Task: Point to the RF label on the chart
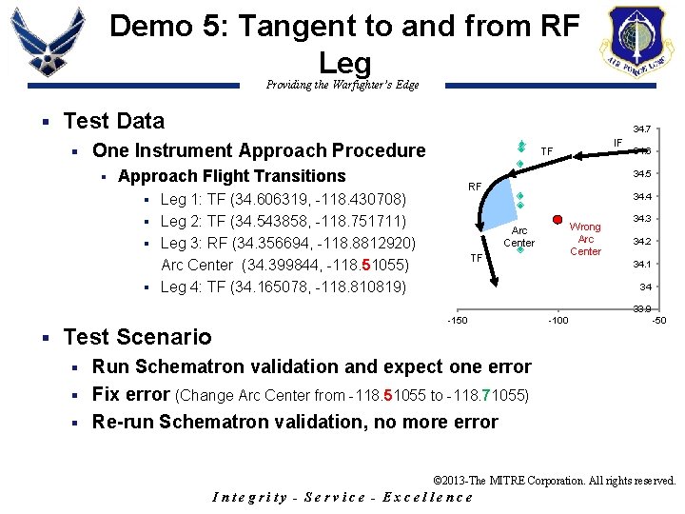coord(475,187)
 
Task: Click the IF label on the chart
coord(617,144)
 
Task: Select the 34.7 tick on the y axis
coord(644,129)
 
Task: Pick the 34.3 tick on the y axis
coord(644,219)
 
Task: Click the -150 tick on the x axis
coord(457,320)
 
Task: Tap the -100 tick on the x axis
coord(558,320)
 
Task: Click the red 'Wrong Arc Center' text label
coord(585,239)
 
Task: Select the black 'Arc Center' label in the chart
coord(519,237)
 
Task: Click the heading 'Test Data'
coord(113,121)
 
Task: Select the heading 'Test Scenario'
coord(137,336)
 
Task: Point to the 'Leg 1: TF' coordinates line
coord(284,199)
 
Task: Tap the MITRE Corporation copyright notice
coord(554,482)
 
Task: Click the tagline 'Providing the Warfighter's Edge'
coord(342,85)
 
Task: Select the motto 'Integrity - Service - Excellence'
coord(342,497)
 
